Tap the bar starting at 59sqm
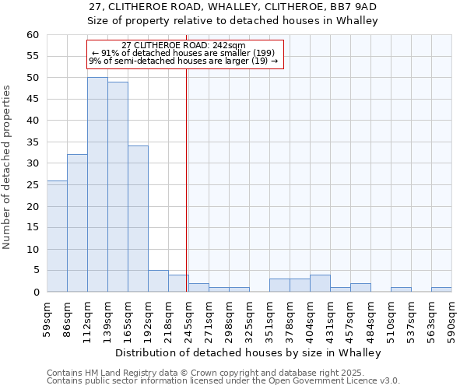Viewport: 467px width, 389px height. pyautogui.click(x=57, y=236)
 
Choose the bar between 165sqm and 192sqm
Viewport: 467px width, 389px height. pyautogui.click(x=138, y=219)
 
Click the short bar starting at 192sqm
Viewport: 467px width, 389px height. pyautogui.click(x=158, y=281)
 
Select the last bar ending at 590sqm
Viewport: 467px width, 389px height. pyautogui.click(x=441, y=289)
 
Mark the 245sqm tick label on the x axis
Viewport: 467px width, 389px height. pyautogui.click(x=189, y=317)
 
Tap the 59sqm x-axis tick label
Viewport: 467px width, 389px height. pyautogui.click(x=47, y=317)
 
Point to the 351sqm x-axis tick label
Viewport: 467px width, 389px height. pyautogui.click(x=270, y=317)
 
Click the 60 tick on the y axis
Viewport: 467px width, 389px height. pyautogui.click(x=33, y=35)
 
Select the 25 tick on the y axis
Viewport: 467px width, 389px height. pyautogui.click(x=33, y=185)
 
